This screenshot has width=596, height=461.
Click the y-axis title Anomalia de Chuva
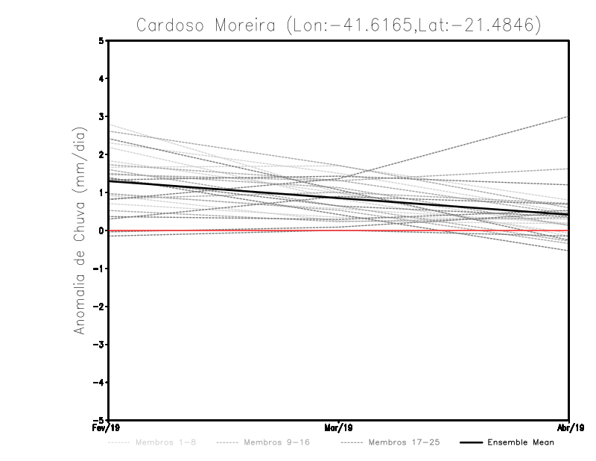point(80,230)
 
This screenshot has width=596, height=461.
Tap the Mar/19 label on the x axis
point(339,429)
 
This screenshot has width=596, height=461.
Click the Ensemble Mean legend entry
point(521,443)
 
